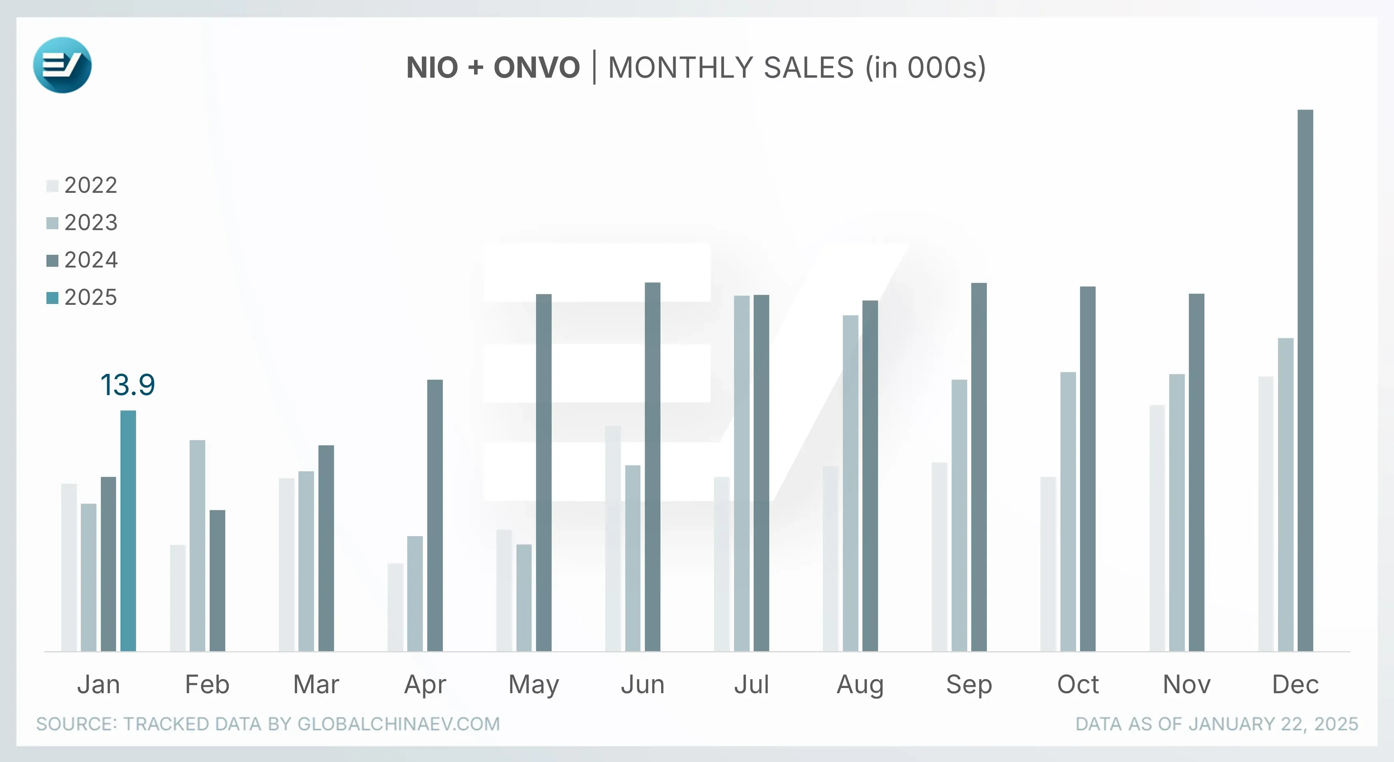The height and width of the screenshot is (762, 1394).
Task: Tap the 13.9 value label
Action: [x=128, y=385]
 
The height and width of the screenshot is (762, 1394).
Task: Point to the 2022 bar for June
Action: [x=613, y=538]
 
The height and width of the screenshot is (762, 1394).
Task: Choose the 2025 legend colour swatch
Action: [x=52, y=298]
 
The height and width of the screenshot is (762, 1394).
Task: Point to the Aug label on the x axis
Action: [x=860, y=685]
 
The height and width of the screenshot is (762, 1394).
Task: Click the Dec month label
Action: [x=1295, y=685]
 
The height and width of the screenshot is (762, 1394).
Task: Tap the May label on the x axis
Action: [x=534, y=685]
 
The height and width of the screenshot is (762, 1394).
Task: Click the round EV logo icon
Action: [x=62, y=65]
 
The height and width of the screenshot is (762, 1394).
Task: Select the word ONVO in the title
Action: [x=536, y=68]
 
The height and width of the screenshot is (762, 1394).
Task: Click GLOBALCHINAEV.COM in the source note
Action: [x=398, y=724]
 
